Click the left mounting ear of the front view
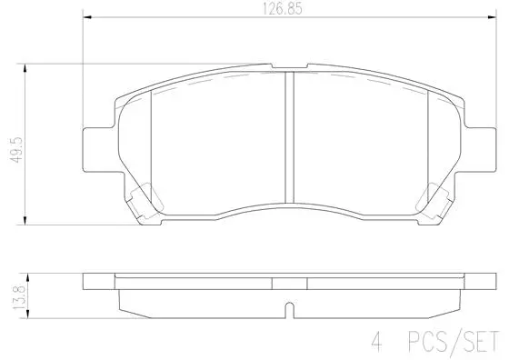96,146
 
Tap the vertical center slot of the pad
288,136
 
